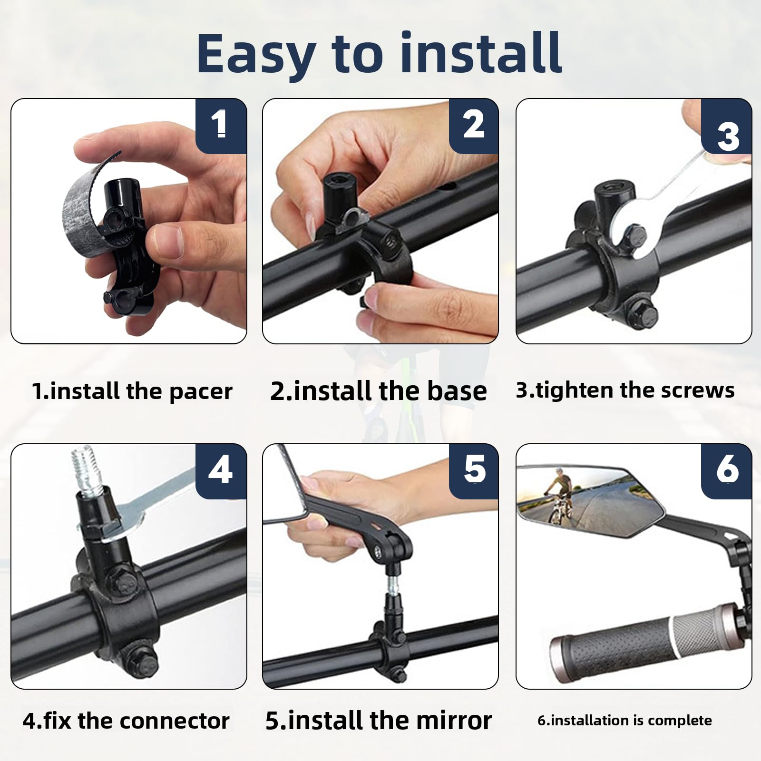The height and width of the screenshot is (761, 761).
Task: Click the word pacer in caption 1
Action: pos(201,392)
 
